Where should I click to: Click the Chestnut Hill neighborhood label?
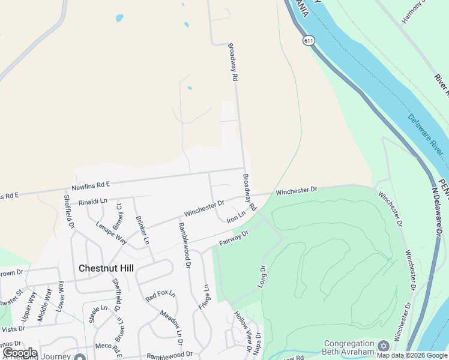click(106, 268)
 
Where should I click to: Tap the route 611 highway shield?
click(309, 40)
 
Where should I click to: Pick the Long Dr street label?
click(261, 277)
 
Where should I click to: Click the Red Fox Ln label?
click(160, 296)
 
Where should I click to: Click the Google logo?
click(20, 353)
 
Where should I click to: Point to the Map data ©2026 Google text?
click(412, 355)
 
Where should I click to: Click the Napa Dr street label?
click(258, 345)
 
